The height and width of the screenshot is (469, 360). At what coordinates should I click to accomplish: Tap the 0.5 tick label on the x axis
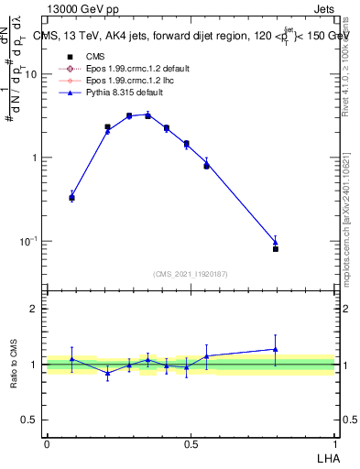point(191,443)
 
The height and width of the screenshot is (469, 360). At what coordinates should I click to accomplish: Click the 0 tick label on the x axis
point(47,443)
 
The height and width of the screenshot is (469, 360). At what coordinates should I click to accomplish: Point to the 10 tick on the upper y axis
point(31,74)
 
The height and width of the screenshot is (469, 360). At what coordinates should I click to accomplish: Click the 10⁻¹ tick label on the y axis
point(28,241)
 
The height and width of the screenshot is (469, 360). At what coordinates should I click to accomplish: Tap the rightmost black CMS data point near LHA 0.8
point(275,248)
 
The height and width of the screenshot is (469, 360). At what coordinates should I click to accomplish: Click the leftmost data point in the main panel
point(72,197)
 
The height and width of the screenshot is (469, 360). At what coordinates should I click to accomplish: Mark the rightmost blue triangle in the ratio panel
point(275,349)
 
